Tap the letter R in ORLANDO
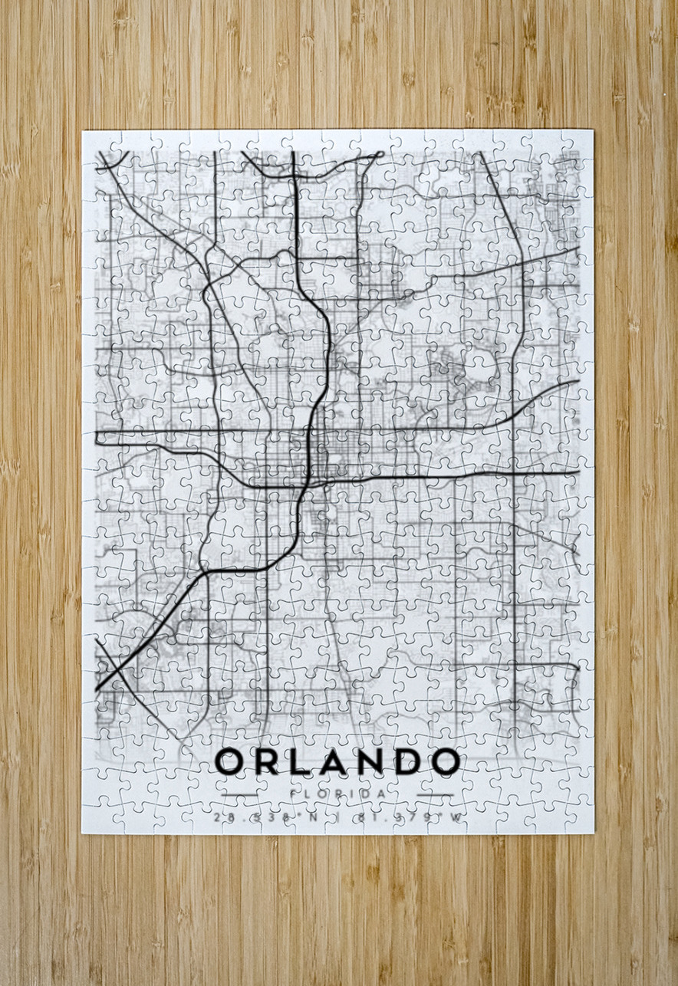coord(265,761)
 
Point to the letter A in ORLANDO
coord(331,761)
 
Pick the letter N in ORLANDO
coord(370,761)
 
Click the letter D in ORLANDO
coord(406,761)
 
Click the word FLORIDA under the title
coord(337,793)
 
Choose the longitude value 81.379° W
coord(409,817)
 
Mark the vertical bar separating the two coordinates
coord(337,817)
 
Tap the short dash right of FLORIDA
coord(435,794)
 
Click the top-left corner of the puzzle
coord(83,131)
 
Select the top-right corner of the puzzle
coord(593,130)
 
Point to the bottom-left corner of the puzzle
coord(83,833)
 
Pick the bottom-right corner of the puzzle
coord(594,833)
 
